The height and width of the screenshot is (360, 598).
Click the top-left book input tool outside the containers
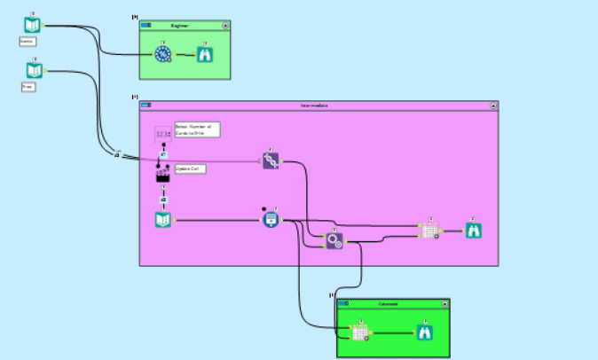coord(32,25)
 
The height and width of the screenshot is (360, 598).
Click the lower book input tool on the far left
coord(34,70)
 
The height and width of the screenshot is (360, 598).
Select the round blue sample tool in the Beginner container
coord(162,54)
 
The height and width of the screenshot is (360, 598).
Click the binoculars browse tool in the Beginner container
coord(204,54)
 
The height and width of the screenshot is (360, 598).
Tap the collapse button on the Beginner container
coord(225,26)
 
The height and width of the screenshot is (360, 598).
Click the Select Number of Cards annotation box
coord(197,129)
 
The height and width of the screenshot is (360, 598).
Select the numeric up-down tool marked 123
coord(163,134)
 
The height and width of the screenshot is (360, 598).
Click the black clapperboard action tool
coord(163,175)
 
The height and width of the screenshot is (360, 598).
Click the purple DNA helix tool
coord(271,160)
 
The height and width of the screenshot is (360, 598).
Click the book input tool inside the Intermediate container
coord(163,219)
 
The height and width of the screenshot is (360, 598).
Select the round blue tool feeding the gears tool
coord(271,219)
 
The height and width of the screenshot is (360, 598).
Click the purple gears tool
coord(334,239)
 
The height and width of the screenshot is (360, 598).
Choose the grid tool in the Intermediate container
coord(429,231)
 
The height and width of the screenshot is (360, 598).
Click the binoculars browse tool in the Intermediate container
coord(474,231)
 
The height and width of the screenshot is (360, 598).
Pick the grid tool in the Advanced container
coord(360,333)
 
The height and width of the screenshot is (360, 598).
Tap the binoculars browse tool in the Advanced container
coord(426,333)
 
